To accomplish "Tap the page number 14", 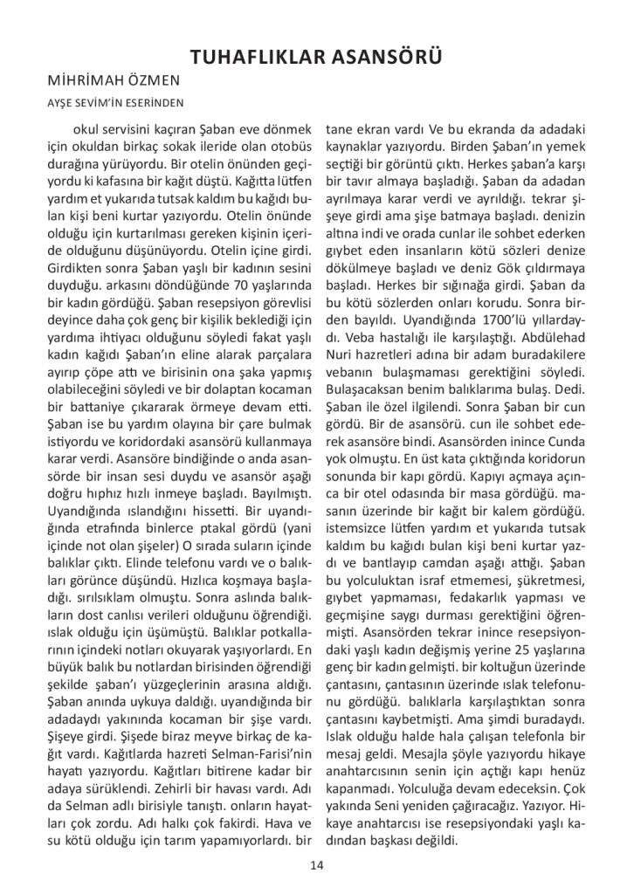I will [316, 864].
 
